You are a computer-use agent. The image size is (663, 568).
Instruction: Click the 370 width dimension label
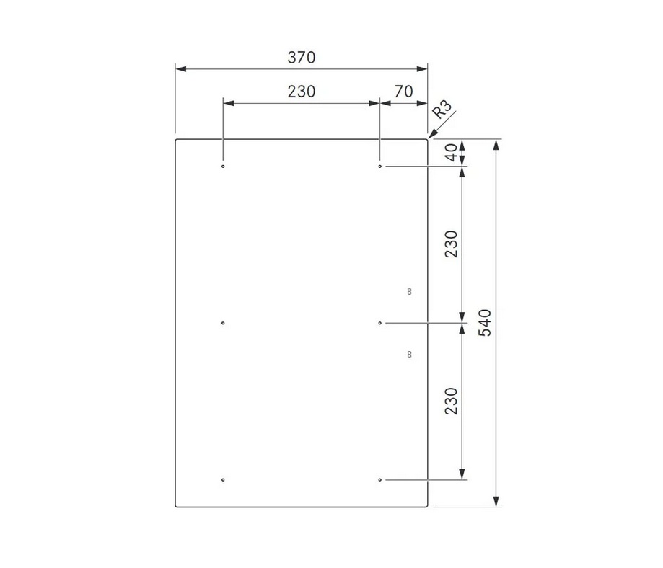tap(302, 58)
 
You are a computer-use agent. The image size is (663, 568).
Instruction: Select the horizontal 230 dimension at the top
tap(302, 92)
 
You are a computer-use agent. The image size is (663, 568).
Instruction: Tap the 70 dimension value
tap(403, 92)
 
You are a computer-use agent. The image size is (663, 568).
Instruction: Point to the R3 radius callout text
tap(442, 110)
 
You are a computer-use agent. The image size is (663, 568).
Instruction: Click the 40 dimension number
tap(452, 152)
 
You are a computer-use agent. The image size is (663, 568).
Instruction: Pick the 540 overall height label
tap(485, 323)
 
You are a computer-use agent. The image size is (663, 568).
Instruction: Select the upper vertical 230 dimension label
tap(452, 244)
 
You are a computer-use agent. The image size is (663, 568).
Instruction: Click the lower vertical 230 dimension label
tap(452, 401)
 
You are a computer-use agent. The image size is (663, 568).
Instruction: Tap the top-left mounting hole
tap(223, 167)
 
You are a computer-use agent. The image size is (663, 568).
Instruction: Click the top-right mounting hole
tap(379, 167)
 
